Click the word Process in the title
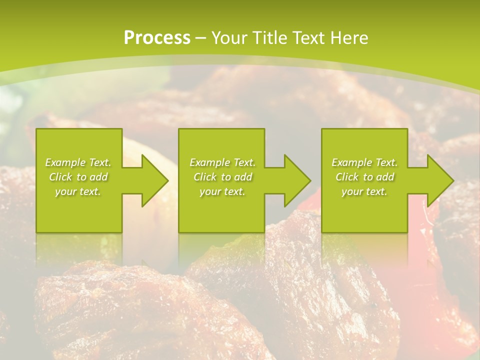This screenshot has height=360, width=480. pyautogui.click(x=157, y=38)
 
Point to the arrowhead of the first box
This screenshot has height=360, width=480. pyautogui.click(x=154, y=180)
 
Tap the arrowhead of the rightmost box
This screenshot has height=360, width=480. pyautogui.click(x=440, y=180)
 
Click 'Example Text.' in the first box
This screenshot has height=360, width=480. pyautogui.click(x=78, y=162)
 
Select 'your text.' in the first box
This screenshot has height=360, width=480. pyautogui.click(x=78, y=191)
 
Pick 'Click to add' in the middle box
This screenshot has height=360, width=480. pyautogui.click(x=222, y=177)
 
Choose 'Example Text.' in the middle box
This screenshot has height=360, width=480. pyautogui.click(x=222, y=162)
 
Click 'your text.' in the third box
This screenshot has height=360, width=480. pyautogui.click(x=364, y=191)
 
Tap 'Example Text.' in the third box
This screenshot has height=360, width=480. pyautogui.click(x=364, y=162)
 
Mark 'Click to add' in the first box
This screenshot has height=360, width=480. pyautogui.click(x=78, y=177)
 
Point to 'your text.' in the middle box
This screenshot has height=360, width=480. pyautogui.click(x=222, y=191)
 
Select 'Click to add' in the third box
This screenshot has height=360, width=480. pyautogui.click(x=364, y=177)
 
